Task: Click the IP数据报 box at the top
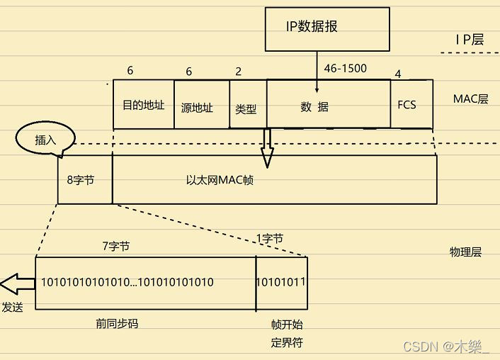pos(327,28)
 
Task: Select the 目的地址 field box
pos(144,105)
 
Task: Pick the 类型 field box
pos(246,110)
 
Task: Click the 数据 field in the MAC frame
pos(314,107)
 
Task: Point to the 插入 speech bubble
pos(45,140)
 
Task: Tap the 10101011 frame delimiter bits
pos(280,282)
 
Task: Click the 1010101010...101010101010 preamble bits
pos(127,282)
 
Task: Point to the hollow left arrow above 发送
pos(17,284)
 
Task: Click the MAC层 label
pos(471,99)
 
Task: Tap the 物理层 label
pos(465,252)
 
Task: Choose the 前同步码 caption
pos(117,323)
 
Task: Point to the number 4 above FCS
pos(398,74)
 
